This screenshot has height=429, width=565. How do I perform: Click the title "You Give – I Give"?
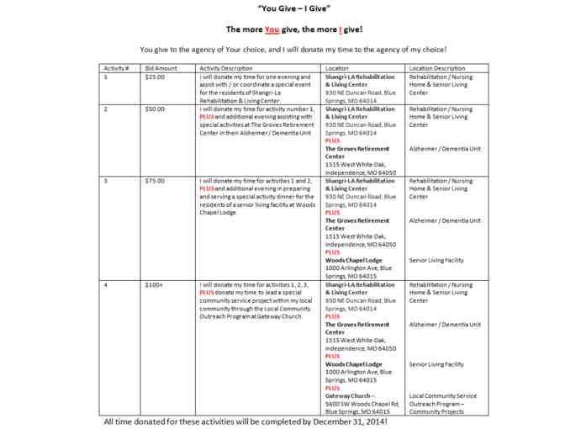(282, 8)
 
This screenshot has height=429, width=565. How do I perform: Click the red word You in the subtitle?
(272, 29)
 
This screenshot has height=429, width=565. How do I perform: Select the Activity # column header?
(115, 67)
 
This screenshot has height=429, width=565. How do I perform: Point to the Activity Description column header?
(226, 67)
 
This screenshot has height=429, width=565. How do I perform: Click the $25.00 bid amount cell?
(155, 77)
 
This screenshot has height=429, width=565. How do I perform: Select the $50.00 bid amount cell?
(155, 109)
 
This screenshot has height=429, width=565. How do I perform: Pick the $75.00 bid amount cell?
(155, 181)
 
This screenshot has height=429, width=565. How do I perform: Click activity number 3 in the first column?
(105, 181)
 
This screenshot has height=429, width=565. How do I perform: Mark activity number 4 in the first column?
(105, 286)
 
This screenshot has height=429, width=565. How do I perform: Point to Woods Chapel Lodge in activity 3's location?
(354, 260)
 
